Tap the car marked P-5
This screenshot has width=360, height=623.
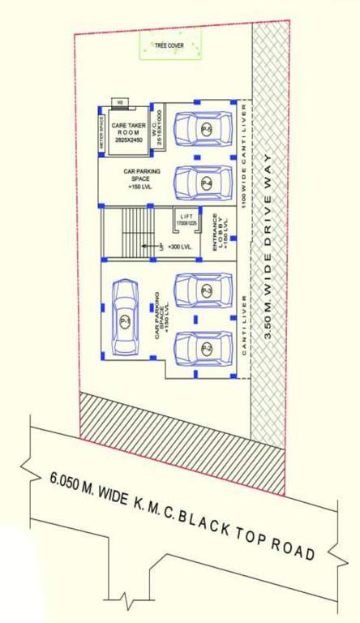(x=205, y=129)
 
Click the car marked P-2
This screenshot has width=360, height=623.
(x=205, y=347)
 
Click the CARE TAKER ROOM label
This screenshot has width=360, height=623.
(x=127, y=130)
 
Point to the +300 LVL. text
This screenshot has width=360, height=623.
(x=180, y=247)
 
